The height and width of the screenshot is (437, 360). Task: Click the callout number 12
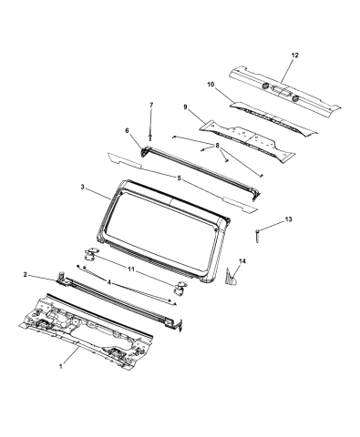click(x=294, y=56)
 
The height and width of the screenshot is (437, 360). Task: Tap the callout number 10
click(x=211, y=85)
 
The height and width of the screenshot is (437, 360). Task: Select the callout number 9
click(x=185, y=107)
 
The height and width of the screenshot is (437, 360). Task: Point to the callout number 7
click(x=151, y=105)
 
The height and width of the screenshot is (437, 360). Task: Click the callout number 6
click(x=127, y=130)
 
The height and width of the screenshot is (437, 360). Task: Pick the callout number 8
click(x=217, y=146)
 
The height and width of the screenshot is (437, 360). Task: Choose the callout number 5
click(x=180, y=178)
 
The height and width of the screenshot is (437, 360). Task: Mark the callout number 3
click(x=82, y=188)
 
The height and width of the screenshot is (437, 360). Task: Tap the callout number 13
click(x=288, y=219)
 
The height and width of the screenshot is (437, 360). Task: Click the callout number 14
click(x=242, y=261)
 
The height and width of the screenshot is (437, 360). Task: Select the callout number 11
click(x=131, y=269)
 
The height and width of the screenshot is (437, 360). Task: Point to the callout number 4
click(x=109, y=282)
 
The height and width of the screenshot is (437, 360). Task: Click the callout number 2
click(x=26, y=275)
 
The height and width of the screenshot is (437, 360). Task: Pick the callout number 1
click(x=61, y=367)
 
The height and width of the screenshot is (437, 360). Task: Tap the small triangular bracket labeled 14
click(x=231, y=277)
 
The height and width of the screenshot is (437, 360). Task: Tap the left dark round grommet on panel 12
click(x=265, y=86)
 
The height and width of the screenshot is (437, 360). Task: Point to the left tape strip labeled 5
click(x=125, y=160)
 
